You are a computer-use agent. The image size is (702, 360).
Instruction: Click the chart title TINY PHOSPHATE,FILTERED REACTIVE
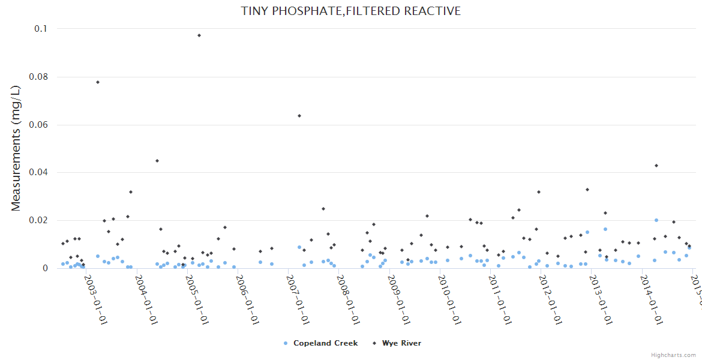point(351,11)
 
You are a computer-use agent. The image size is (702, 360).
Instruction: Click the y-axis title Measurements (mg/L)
point(16,148)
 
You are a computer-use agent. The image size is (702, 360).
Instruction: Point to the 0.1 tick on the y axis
point(40,29)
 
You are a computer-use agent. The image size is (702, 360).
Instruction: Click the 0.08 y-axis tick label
point(38,77)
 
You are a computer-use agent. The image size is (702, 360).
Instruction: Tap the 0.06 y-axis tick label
point(38,125)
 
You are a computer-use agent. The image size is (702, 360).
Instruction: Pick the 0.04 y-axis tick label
point(38,172)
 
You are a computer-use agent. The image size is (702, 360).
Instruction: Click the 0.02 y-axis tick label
point(38,220)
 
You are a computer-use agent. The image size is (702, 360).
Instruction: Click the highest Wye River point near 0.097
point(199,35)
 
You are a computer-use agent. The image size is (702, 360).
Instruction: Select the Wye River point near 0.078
point(98,82)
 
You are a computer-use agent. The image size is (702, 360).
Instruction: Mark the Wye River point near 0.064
point(299,116)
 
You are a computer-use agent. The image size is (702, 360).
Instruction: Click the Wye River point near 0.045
point(157,161)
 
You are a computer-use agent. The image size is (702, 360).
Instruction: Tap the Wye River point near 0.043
point(656,166)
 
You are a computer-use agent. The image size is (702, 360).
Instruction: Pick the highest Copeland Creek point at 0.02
point(656,220)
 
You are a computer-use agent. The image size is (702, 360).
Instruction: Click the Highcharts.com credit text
point(673,355)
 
